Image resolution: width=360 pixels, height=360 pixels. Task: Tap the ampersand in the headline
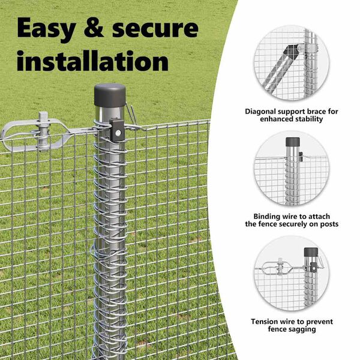94,29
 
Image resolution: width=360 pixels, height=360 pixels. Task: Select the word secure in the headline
155,29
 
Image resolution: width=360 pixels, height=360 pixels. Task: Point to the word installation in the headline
92,61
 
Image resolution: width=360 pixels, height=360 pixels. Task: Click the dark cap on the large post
110,95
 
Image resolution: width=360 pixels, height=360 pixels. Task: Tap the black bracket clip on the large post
117,130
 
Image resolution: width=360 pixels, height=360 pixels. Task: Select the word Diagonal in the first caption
260,112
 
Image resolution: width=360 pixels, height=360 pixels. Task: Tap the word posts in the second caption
329,224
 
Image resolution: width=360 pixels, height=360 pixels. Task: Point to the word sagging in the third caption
303,329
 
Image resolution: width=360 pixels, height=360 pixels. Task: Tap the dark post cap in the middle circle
293,142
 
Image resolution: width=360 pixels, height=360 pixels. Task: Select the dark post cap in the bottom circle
311,252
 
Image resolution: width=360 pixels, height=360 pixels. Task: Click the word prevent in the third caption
319,322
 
